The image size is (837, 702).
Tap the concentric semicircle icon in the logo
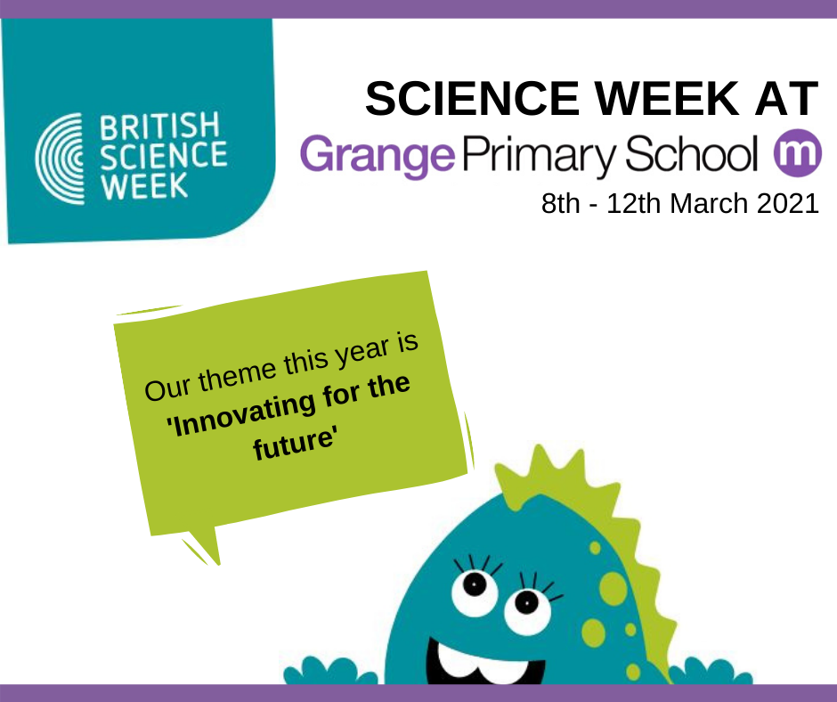60,159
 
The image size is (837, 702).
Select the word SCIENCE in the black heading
473,99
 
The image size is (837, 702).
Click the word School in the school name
691,153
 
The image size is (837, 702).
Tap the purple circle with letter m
798,153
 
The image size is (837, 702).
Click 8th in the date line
560,203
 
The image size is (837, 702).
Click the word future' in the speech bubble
295,444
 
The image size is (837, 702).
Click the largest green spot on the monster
613,589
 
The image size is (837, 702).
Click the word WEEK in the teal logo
144,186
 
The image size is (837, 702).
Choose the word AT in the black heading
787,99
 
